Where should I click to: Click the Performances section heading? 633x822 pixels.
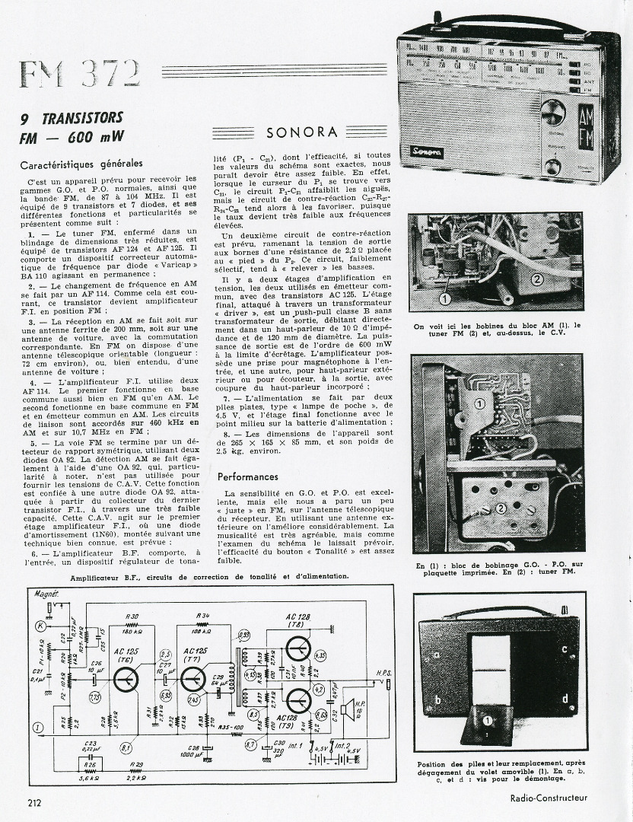tap(248, 476)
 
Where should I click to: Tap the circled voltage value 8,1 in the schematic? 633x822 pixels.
tap(126, 748)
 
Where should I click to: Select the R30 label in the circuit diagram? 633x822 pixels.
tap(132, 616)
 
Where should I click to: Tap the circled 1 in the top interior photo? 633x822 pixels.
tap(444, 300)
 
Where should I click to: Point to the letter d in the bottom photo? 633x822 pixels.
tap(564, 698)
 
